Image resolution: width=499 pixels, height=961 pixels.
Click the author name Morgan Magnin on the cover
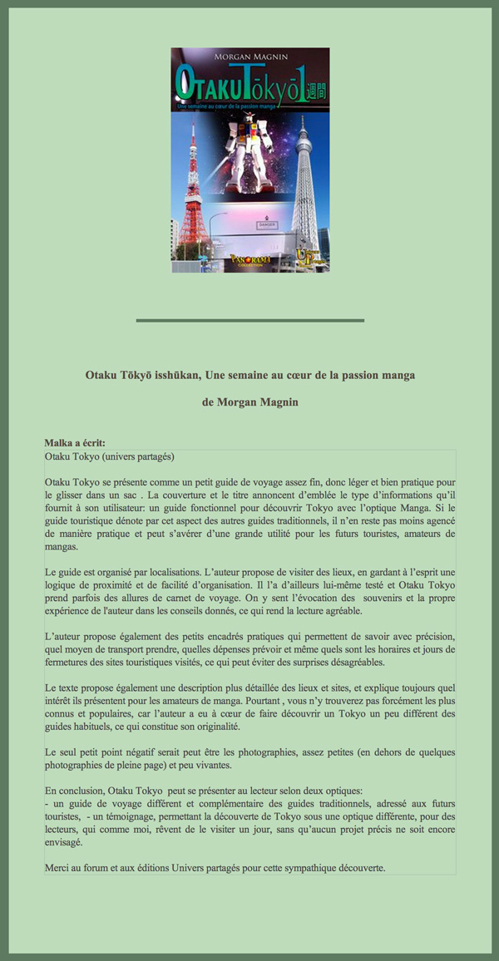[250, 56]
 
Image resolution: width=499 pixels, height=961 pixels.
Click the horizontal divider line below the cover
[249, 320]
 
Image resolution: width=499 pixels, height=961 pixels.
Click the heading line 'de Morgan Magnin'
[249, 402]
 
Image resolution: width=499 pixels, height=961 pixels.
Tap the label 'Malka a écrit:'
[75, 443]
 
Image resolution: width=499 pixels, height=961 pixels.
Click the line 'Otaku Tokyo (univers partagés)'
[110, 457]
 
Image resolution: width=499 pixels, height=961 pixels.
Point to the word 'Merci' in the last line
[58, 868]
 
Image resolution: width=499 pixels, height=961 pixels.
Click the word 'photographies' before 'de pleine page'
[77, 765]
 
